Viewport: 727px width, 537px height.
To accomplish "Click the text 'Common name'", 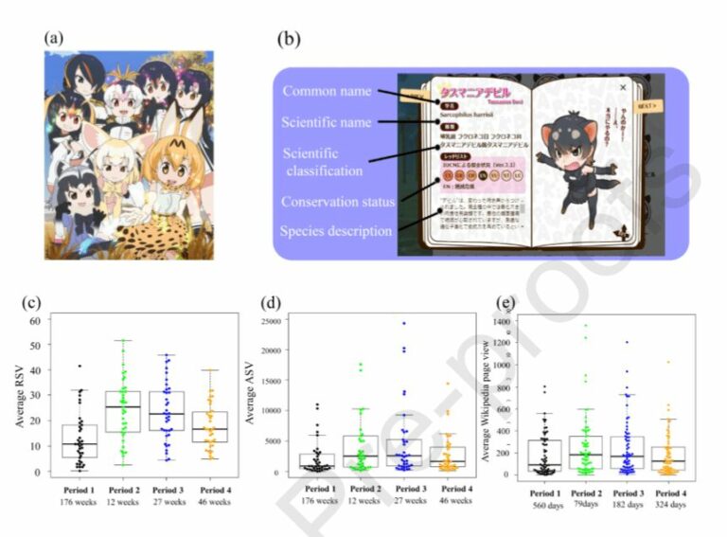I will click(x=327, y=91).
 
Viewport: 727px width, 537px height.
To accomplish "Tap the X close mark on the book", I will click(x=622, y=87).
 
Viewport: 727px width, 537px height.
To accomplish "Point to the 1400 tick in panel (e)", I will click(x=507, y=322).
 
